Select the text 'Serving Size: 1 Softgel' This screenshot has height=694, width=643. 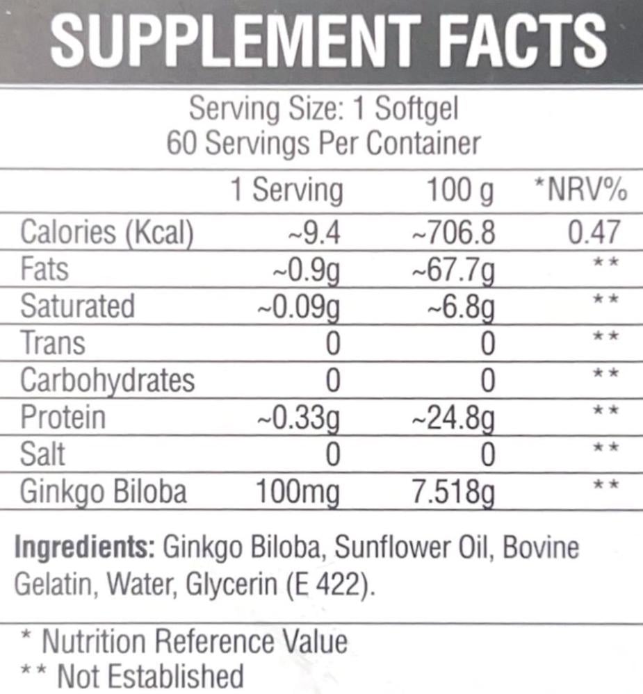click(324, 110)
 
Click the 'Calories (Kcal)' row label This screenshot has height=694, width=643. click(106, 233)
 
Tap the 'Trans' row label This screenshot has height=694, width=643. click(53, 343)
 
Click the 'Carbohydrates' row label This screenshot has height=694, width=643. click(108, 381)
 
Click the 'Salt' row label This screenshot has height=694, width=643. click(43, 454)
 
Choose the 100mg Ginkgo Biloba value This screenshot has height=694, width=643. click(298, 492)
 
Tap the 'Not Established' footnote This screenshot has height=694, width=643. click(149, 675)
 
